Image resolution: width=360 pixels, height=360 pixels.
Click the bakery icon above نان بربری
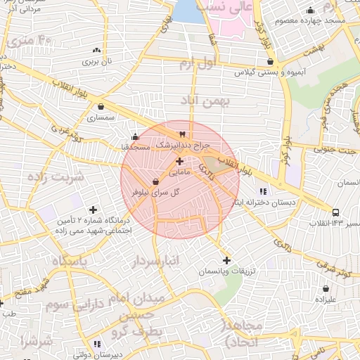96,51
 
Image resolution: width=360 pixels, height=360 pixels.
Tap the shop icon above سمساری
103,108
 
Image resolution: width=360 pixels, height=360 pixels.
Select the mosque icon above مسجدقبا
135,136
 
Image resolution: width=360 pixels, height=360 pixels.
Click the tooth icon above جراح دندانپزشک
183,134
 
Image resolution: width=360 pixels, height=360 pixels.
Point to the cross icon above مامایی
179,161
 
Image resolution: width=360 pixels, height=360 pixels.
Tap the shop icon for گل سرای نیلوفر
154,182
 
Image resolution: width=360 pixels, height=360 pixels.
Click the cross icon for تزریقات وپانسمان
226,261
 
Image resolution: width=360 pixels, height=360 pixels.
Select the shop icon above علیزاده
326,288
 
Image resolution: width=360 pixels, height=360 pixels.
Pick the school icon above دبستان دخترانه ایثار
263,191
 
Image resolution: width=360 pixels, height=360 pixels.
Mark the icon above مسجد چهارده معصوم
310,10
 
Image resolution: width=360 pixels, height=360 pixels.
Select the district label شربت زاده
56,176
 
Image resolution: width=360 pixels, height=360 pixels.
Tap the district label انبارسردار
156,263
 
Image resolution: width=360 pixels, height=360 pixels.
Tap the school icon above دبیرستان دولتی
97,344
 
